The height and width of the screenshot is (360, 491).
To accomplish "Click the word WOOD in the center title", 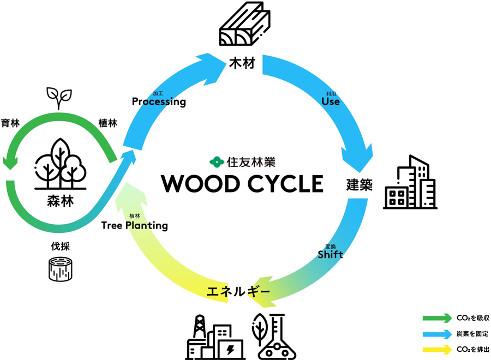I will [x=200, y=184].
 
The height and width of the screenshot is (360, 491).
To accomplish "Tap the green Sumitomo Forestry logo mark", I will [x=216, y=161].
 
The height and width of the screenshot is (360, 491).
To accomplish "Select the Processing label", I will [x=159, y=101].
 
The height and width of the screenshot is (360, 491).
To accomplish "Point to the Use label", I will [x=331, y=101].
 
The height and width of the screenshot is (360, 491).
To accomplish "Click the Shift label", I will [x=330, y=254].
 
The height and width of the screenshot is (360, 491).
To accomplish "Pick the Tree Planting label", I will [x=134, y=225].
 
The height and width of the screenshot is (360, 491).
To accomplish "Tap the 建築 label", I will [x=359, y=184].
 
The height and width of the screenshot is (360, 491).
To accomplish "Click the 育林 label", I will [x=10, y=123].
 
